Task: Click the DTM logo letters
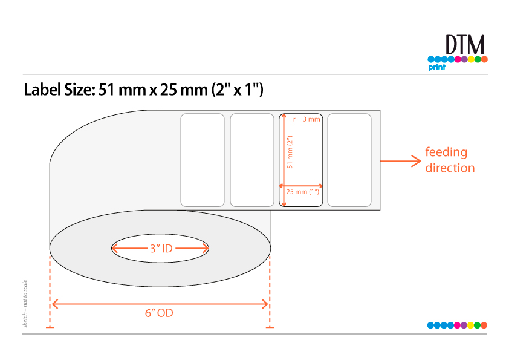click(464, 45)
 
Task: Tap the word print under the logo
click(436, 67)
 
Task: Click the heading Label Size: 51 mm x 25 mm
click(143, 90)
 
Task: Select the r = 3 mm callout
click(306, 119)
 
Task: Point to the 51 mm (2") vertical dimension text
click(290, 152)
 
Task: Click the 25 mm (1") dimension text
click(302, 192)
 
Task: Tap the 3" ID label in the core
click(161, 249)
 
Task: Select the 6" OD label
click(159, 313)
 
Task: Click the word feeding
click(446, 152)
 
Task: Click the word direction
click(450, 168)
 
